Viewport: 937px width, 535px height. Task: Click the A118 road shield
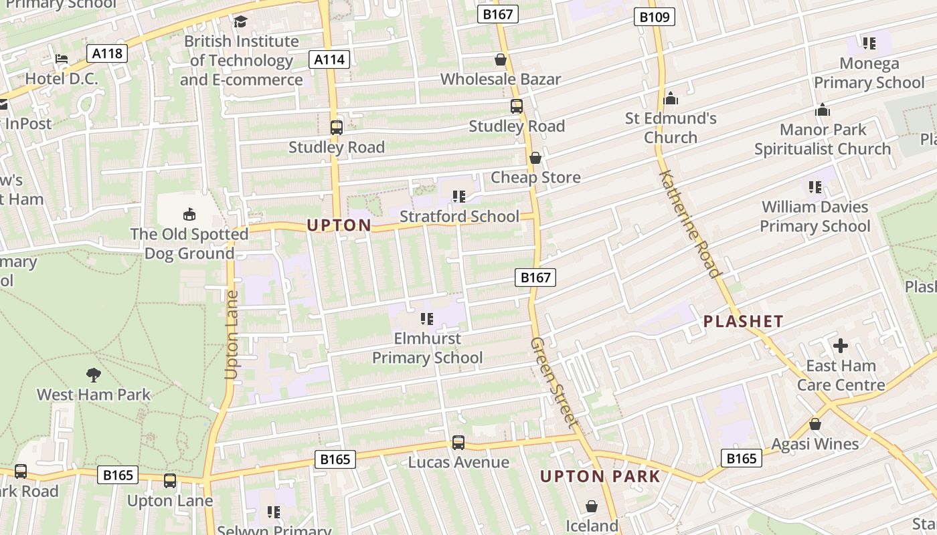click(107, 53)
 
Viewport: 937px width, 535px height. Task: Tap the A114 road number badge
click(330, 60)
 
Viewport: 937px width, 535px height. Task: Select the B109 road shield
click(654, 17)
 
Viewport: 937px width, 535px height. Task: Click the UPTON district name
click(339, 225)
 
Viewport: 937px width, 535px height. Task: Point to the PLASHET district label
click(743, 322)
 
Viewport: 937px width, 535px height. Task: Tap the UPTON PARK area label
click(600, 477)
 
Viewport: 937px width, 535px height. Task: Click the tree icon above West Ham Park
click(94, 374)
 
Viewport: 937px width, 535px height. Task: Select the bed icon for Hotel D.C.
click(62, 59)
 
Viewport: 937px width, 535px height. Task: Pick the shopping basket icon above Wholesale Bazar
click(500, 60)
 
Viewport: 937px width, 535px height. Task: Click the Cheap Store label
click(535, 177)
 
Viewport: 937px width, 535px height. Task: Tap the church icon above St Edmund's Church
click(671, 99)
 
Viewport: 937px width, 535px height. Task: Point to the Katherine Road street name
click(689, 223)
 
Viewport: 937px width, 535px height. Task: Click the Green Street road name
click(553, 381)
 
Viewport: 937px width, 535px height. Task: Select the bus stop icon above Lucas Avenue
click(458, 442)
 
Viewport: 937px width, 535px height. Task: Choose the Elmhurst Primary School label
click(427, 348)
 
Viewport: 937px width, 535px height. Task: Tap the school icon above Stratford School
click(459, 196)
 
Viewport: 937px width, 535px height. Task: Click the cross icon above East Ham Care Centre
click(841, 346)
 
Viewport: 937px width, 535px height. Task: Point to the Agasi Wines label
click(815, 444)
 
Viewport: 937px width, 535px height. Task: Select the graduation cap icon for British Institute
click(240, 22)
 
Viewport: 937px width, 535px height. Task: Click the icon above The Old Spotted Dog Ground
click(189, 214)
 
